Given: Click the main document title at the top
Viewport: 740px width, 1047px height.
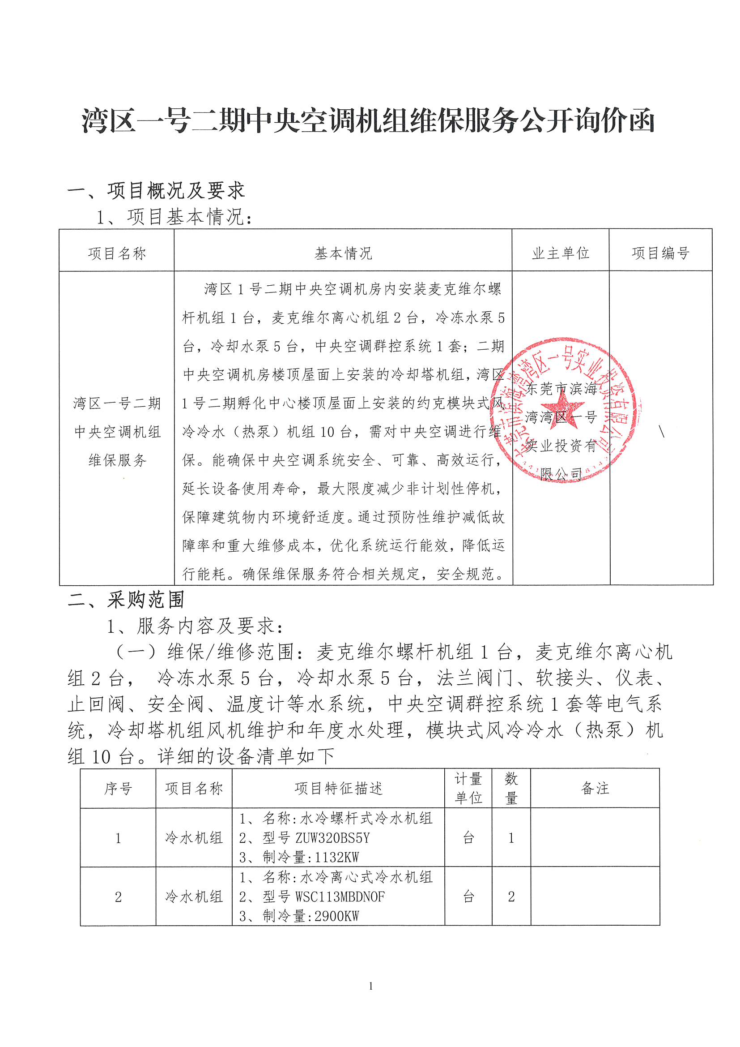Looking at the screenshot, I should [x=368, y=121].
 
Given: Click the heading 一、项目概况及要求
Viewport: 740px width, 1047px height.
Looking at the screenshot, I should [x=156, y=191].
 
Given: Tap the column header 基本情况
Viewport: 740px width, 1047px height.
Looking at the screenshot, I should [x=343, y=253].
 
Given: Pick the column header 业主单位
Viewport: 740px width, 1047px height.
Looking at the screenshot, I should [x=561, y=253].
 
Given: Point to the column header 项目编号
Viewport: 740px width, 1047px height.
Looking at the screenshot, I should [x=660, y=253].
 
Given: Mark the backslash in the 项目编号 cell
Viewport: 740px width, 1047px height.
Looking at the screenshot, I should [x=661, y=431].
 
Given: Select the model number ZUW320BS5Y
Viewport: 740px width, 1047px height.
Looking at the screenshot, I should [x=332, y=838].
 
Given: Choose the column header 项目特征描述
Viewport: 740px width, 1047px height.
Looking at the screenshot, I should [x=338, y=789].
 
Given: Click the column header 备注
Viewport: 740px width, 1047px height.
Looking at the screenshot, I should [x=595, y=789].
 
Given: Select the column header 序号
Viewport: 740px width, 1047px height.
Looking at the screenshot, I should [x=118, y=789].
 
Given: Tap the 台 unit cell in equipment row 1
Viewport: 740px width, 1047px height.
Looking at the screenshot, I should [x=468, y=838].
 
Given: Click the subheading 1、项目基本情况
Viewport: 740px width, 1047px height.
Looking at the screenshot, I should [x=174, y=217].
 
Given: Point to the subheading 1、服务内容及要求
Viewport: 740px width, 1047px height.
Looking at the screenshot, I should [x=195, y=626].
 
